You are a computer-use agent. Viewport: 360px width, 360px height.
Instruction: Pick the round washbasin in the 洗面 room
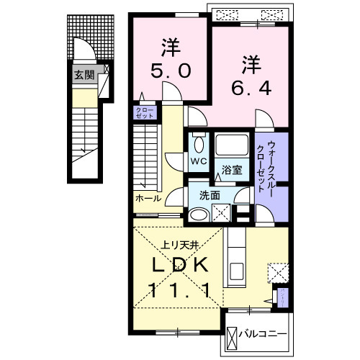[x=197, y=214]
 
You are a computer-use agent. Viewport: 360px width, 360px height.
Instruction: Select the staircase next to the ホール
[x=147, y=155]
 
